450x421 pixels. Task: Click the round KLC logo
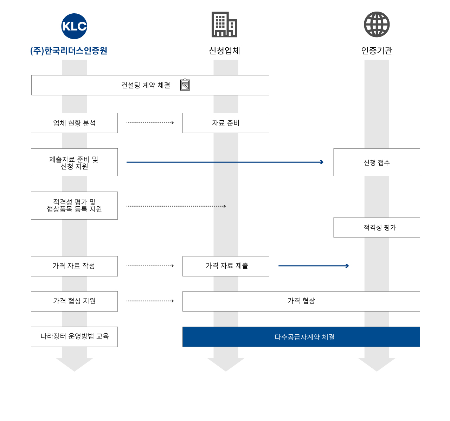[74, 26]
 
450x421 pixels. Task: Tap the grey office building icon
[224, 25]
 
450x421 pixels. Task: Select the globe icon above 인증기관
[377, 25]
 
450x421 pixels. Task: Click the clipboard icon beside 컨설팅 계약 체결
[185, 85]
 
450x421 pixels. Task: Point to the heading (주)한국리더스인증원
[69, 51]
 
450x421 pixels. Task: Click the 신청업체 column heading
[224, 51]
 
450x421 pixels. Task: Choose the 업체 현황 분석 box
[74, 123]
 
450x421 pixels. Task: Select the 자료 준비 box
[226, 123]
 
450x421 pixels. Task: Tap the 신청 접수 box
[377, 162]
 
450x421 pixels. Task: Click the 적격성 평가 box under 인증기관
[377, 227]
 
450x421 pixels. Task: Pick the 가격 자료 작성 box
[74, 266]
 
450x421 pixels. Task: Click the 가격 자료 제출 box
[226, 266]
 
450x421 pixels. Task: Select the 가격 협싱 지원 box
[74, 301]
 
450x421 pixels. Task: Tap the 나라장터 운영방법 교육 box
[74, 336]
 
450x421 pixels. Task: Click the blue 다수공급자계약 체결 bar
[301, 336]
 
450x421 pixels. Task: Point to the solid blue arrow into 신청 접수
[225, 162]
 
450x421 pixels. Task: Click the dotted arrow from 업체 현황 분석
[150, 123]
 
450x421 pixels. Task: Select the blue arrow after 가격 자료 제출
[313, 266]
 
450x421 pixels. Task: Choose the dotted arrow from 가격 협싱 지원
[150, 301]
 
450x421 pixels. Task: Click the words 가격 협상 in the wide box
[301, 301]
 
